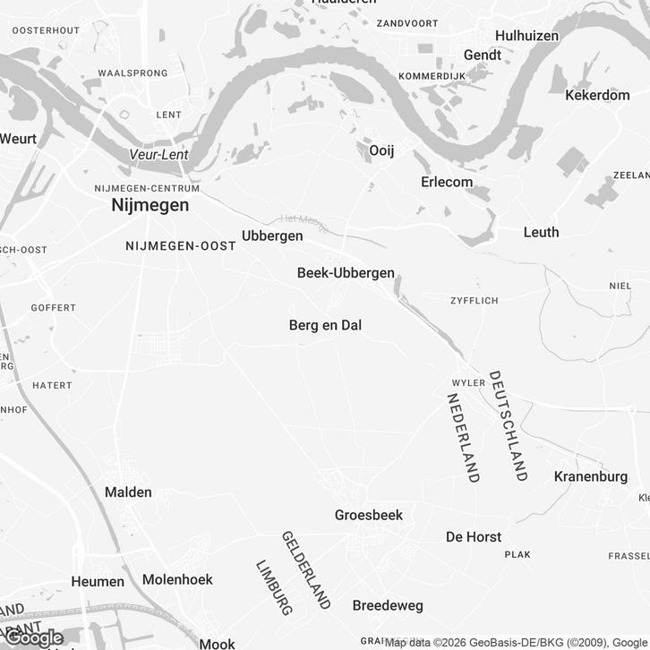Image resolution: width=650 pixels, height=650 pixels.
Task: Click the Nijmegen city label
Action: pyautogui.click(x=150, y=205)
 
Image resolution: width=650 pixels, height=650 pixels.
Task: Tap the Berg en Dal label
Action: pyautogui.click(x=325, y=325)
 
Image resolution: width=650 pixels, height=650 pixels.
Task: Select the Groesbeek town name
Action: pyautogui.click(x=369, y=515)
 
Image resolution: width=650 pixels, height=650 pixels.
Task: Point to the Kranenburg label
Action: pyautogui.click(x=591, y=476)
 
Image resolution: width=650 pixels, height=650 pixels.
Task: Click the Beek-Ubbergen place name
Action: pyautogui.click(x=346, y=272)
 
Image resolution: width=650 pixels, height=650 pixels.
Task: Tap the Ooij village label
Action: pyautogui.click(x=381, y=150)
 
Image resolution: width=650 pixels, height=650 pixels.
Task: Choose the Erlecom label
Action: pyautogui.click(x=447, y=182)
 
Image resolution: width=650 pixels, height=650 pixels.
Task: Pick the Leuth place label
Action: pyautogui.click(x=541, y=232)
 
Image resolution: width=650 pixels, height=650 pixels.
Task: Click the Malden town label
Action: pyautogui.click(x=128, y=492)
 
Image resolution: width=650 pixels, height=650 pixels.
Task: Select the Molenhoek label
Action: pyautogui.click(x=177, y=579)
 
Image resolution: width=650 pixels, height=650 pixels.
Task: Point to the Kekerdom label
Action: pyautogui.click(x=598, y=94)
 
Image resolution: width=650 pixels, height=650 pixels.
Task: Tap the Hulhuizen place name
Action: pyautogui.click(x=526, y=36)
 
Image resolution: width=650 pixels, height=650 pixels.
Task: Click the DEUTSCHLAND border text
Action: pyautogui.click(x=507, y=426)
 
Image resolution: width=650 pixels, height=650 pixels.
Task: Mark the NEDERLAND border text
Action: pyautogui.click(x=463, y=437)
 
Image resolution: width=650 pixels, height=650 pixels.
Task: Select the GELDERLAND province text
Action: pyautogui.click(x=306, y=569)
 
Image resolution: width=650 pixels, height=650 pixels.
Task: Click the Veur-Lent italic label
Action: pyautogui.click(x=158, y=154)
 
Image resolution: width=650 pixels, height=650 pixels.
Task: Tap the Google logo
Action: pyautogui.click(x=34, y=638)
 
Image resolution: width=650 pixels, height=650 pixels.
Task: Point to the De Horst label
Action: pyautogui.click(x=474, y=536)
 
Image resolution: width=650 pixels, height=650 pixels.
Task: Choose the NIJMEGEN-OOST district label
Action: pyautogui.click(x=181, y=245)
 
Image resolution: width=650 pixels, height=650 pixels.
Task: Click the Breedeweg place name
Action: pyautogui.click(x=388, y=605)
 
